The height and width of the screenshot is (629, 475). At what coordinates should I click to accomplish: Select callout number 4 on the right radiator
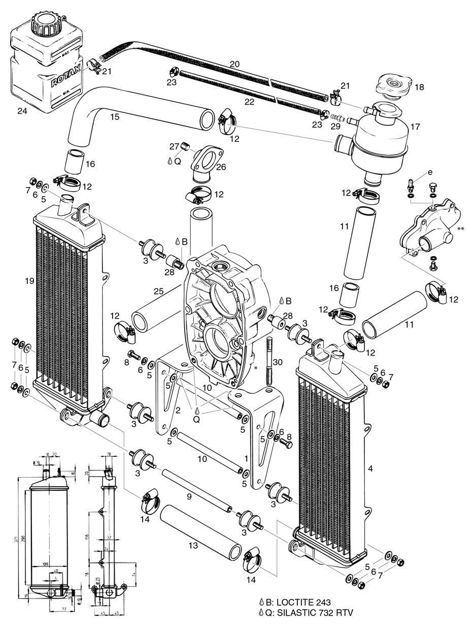tap(370, 468)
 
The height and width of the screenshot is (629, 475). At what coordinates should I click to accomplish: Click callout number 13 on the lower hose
tap(193, 546)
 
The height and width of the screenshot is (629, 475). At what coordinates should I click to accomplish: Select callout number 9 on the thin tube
tap(189, 496)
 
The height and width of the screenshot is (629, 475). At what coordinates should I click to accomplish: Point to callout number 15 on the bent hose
tap(115, 117)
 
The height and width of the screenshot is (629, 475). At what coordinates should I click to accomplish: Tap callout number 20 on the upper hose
tap(234, 64)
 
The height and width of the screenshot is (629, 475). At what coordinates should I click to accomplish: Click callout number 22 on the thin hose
tap(249, 102)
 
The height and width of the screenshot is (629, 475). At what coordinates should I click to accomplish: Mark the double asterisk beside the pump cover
tap(461, 229)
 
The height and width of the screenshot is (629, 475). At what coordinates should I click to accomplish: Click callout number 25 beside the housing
tap(158, 292)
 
